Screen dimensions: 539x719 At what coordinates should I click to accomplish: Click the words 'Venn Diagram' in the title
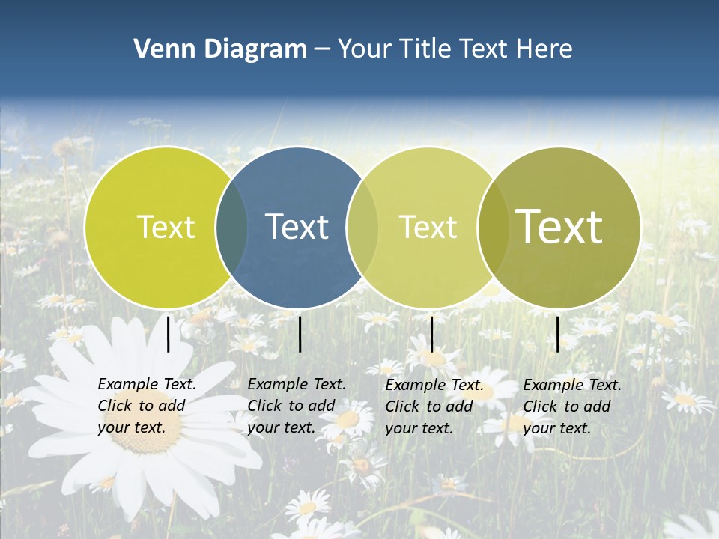(220, 49)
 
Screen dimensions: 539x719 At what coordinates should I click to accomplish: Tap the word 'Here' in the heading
(544, 49)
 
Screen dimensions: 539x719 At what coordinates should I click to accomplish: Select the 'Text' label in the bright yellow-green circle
(166, 227)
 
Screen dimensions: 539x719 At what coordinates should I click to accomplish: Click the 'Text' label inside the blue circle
(297, 227)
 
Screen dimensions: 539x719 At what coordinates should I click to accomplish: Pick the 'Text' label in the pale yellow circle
(428, 227)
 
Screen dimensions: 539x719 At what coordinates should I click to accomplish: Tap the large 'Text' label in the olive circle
(559, 226)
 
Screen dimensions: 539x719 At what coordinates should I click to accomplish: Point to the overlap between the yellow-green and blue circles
(231, 227)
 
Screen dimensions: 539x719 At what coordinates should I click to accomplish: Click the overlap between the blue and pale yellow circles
(362, 227)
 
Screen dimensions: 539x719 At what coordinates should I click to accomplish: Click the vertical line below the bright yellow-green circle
(169, 334)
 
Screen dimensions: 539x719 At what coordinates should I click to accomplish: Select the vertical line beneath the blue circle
(300, 334)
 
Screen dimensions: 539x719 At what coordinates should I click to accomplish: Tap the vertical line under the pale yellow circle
(431, 334)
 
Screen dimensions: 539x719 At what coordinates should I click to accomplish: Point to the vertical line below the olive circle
(557, 334)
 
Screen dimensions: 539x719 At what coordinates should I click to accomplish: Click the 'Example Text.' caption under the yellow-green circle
(147, 384)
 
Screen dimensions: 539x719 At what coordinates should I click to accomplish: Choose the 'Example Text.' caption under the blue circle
(297, 384)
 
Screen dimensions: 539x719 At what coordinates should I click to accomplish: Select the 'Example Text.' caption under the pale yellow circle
(434, 385)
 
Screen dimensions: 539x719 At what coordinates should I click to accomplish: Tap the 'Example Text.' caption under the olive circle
(572, 385)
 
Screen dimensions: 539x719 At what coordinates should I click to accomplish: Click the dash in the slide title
(322, 49)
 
